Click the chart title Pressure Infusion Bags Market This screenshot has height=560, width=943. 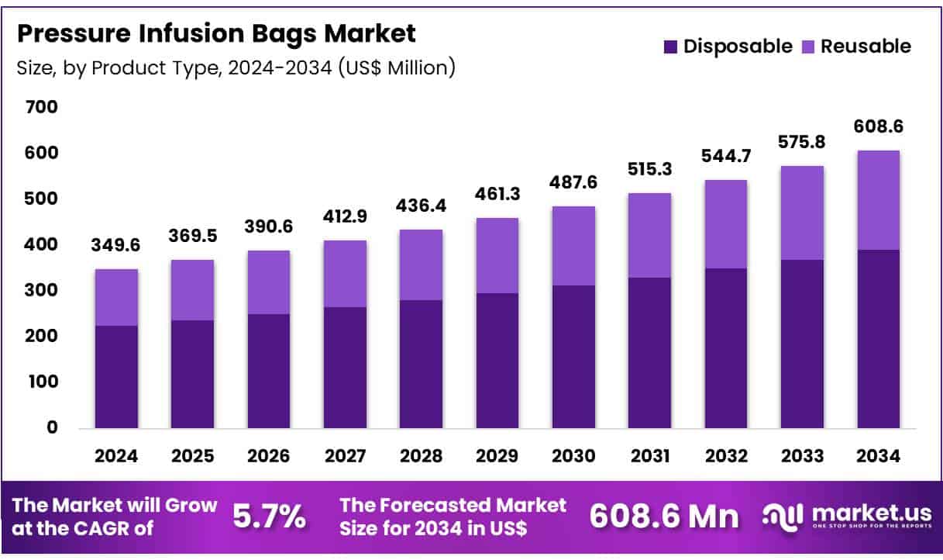click(216, 33)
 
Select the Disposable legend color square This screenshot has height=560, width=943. click(670, 47)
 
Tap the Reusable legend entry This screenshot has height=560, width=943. click(857, 47)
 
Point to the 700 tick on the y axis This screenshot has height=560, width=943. click(42, 107)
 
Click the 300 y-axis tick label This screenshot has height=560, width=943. click(42, 290)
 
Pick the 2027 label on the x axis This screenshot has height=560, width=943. click(345, 457)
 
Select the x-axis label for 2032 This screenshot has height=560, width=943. click(726, 457)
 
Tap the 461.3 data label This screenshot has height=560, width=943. click(497, 195)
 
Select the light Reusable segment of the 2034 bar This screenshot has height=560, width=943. click(878, 200)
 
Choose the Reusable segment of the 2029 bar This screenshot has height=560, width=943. click(497, 256)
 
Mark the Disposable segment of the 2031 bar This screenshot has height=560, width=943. click(649, 353)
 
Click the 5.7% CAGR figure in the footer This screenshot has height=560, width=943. click(269, 517)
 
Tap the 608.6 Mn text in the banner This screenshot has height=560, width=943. click(665, 517)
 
